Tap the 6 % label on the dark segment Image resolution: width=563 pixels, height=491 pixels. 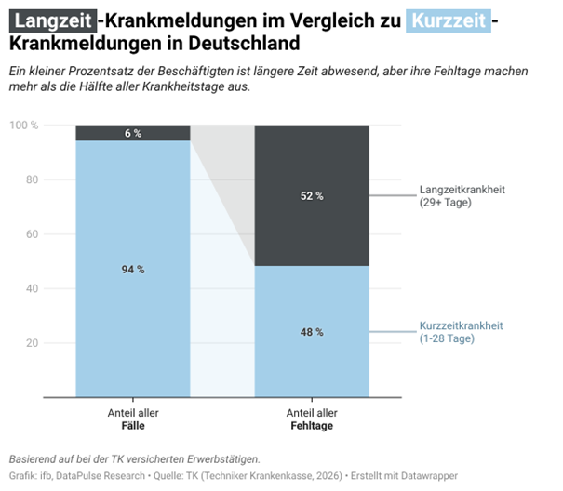point(133,133)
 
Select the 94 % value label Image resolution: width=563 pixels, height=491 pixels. point(133,270)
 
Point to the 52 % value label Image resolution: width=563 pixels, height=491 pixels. point(312,196)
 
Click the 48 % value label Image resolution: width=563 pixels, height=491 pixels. point(312,332)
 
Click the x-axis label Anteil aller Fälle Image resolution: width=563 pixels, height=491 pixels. point(133,419)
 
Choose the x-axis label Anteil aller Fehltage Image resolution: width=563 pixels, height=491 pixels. point(312,419)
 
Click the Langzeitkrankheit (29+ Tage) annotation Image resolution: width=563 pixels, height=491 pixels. point(462,196)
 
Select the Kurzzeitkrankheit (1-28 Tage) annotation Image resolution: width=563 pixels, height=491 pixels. point(462,332)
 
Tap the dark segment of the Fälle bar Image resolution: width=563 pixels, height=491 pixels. point(102,133)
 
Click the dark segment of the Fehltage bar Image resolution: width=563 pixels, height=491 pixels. point(279,167)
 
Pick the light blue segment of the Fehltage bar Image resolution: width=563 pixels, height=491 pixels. point(279,363)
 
